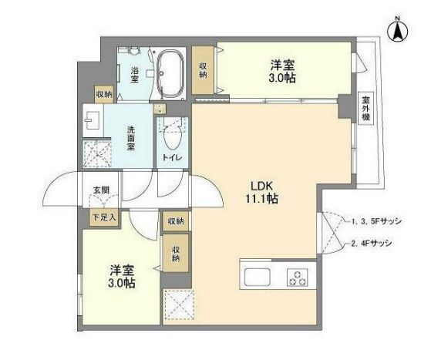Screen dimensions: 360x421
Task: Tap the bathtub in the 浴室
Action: (x=169, y=72)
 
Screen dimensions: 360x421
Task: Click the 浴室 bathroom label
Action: (x=134, y=74)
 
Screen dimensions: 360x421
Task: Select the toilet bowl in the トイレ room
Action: (x=172, y=137)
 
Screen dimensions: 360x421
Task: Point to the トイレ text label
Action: (x=171, y=158)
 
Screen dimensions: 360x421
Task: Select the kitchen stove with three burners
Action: (x=296, y=278)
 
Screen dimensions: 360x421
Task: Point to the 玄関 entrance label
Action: (x=102, y=190)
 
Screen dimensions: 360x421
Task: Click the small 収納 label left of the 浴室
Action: (x=103, y=93)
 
